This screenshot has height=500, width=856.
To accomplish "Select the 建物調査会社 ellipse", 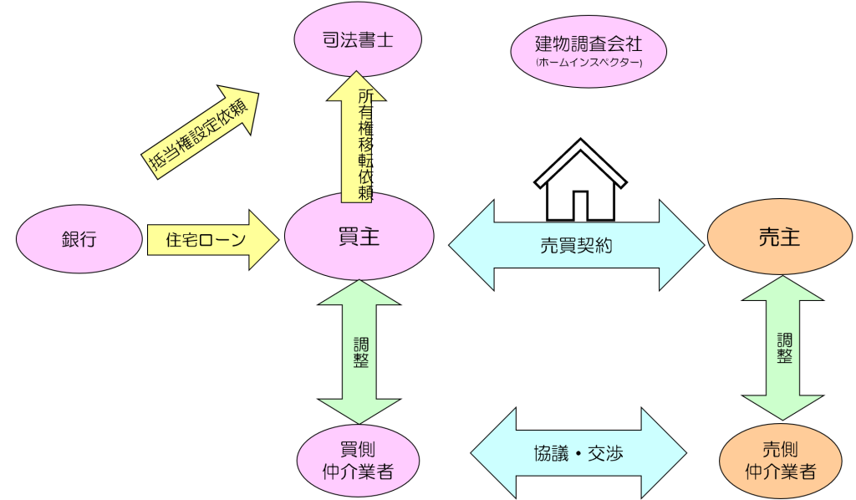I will click(x=588, y=51).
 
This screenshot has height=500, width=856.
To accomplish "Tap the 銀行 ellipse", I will click(x=79, y=240).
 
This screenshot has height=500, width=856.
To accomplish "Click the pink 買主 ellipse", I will click(x=359, y=238).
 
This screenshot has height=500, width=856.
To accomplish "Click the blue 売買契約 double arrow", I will click(x=577, y=245).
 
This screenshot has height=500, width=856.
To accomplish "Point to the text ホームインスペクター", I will click(x=588, y=63).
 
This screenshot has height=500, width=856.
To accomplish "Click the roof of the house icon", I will click(x=580, y=157).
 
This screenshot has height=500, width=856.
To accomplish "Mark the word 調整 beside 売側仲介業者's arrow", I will click(x=784, y=348).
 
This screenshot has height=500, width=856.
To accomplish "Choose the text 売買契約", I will click(x=577, y=246).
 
